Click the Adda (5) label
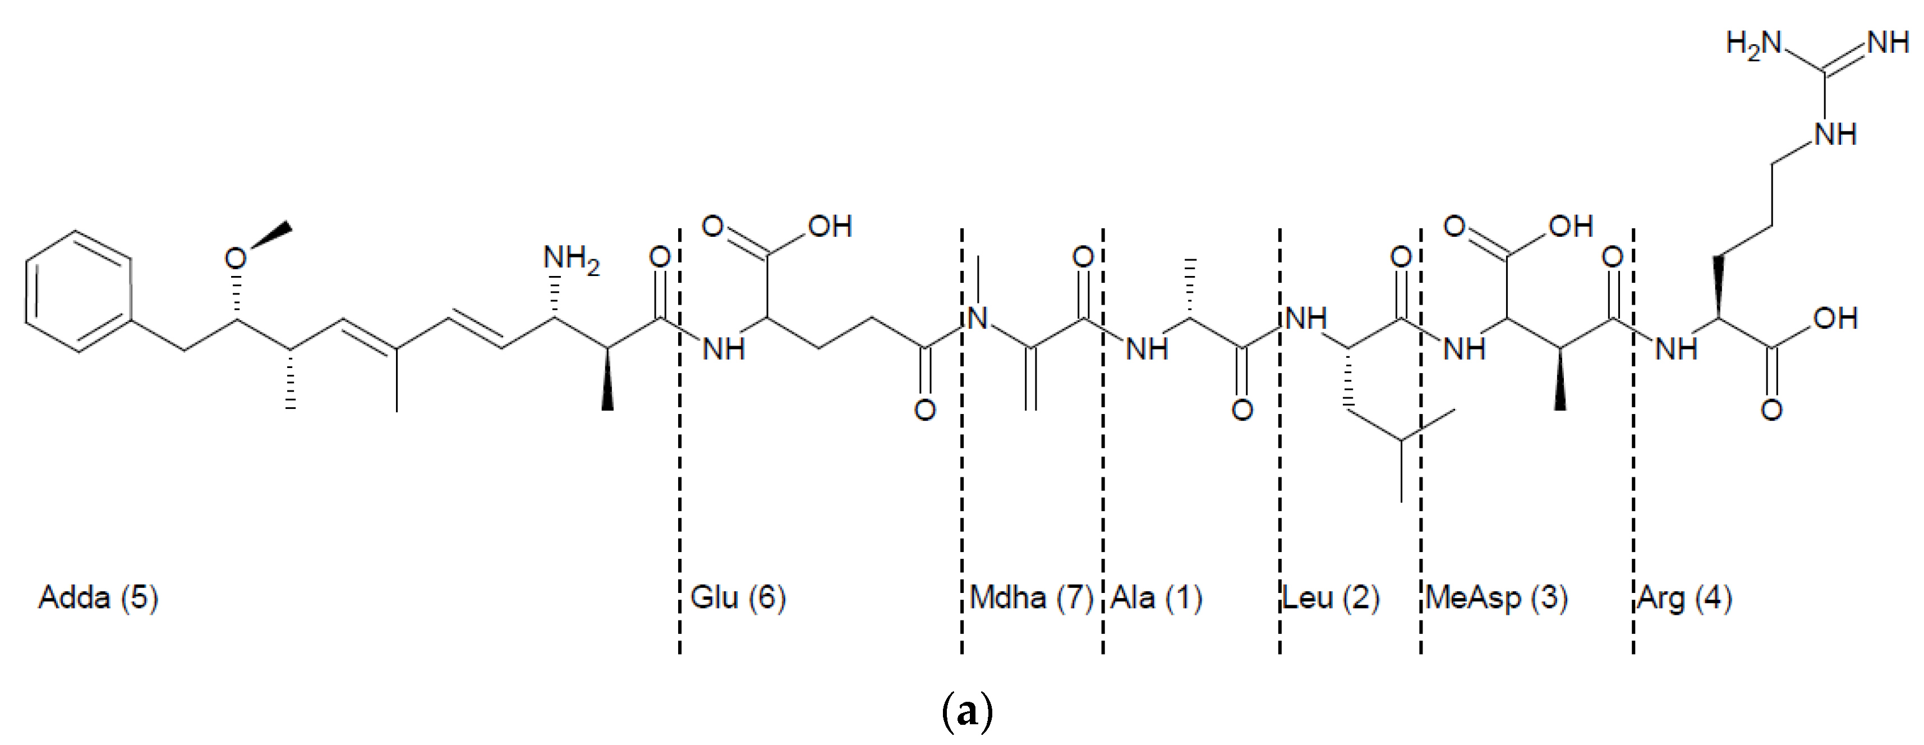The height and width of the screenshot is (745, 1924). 99,599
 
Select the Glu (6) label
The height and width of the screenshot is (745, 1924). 738,599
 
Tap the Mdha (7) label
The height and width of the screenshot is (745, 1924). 1031,599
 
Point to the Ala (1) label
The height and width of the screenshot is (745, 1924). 1156,599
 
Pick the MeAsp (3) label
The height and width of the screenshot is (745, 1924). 1496,599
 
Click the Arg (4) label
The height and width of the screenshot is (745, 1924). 1684,599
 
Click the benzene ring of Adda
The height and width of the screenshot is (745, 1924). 79,291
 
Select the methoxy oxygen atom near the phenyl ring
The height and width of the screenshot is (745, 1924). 236,259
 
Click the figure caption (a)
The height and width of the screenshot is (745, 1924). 967,712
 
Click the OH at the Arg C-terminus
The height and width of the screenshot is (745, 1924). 1835,319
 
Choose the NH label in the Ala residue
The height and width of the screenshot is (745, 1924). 1147,349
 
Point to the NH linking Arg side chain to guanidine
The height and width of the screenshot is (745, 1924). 1835,135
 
